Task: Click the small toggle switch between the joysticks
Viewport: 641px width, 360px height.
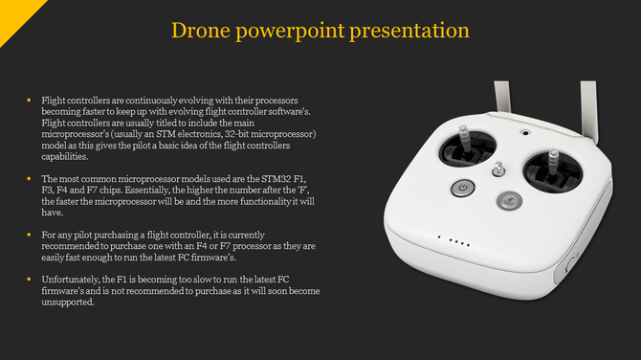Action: (497, 171)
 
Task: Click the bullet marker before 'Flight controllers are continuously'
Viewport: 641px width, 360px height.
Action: (29, 100)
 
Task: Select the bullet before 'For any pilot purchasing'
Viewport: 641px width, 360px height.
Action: (29, 234)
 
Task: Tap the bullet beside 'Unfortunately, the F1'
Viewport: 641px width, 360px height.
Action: (29, 279)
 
